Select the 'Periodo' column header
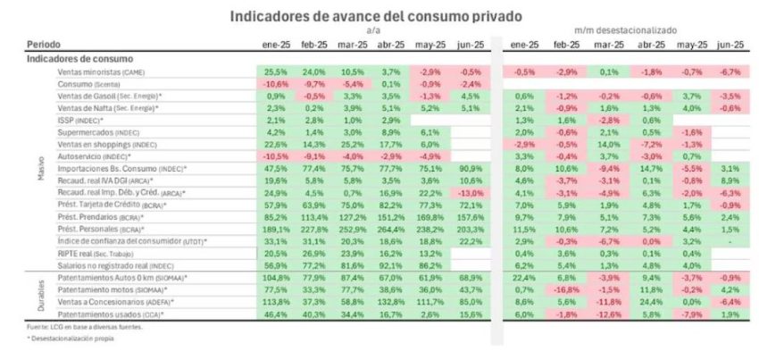44,43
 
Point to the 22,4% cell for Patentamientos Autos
523,279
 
